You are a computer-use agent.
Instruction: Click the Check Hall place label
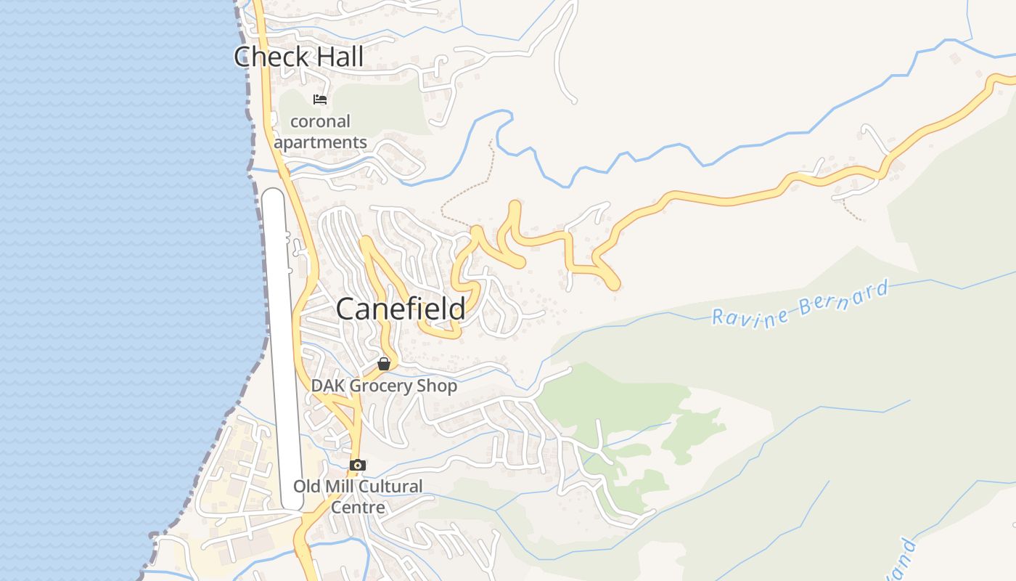point(298,57)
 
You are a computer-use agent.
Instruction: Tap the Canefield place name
point(401,309)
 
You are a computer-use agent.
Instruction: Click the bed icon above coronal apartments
point(320,99)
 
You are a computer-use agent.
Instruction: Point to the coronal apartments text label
point(321,131)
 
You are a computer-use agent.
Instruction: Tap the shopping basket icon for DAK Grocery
point(384,364)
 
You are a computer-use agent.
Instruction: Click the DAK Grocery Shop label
point(384,386)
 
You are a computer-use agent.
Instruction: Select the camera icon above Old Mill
point(357,465)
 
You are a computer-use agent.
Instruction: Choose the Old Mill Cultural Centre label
point(358,496)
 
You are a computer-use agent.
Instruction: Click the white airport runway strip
point(282,349)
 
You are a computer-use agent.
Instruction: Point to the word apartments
point(321,142)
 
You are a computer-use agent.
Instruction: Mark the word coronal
point(321,121)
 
